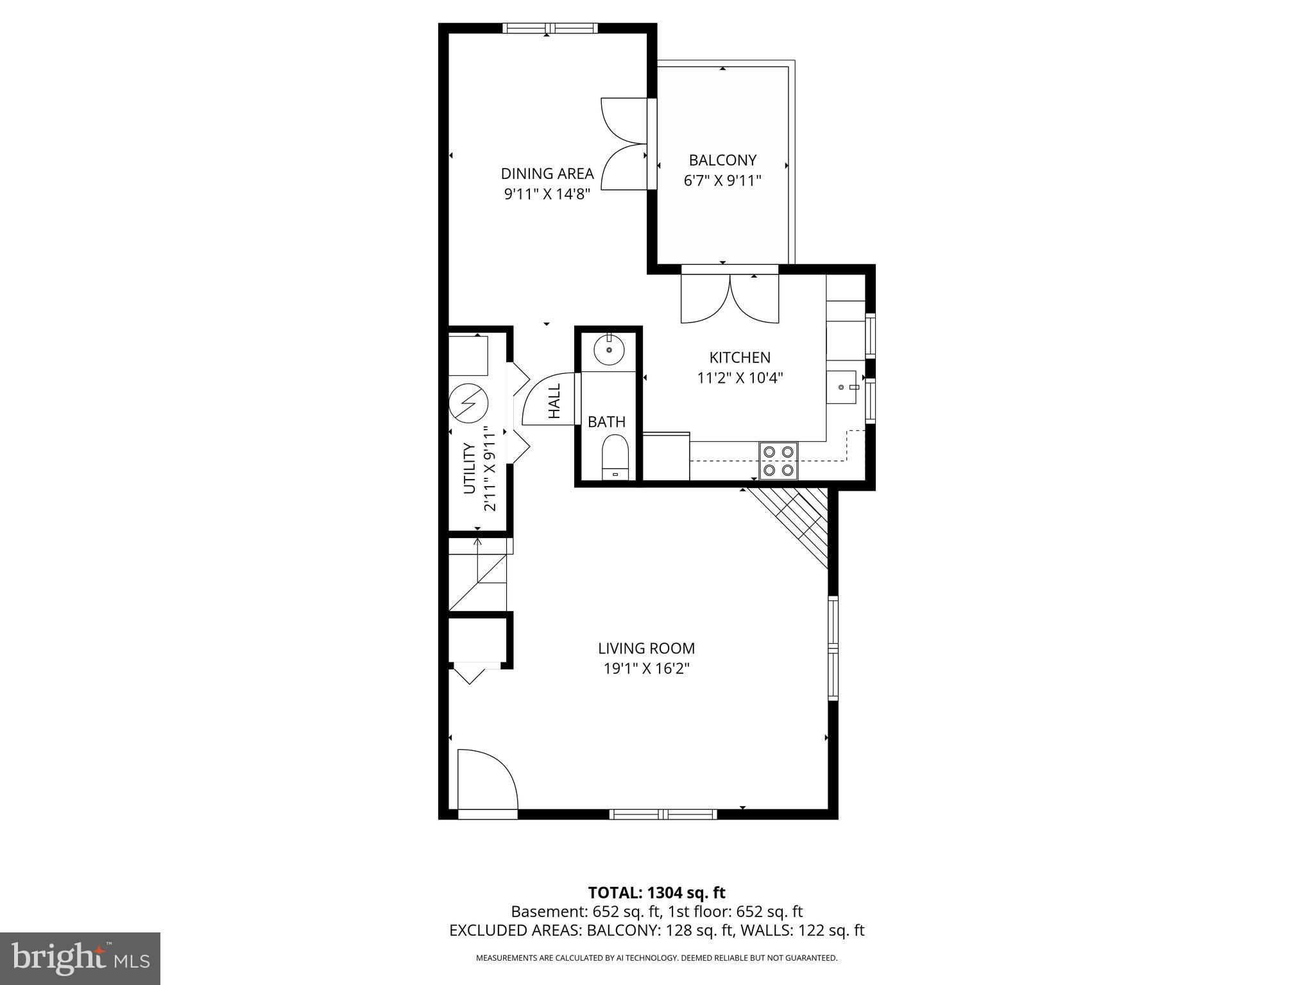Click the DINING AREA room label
click(547, 173)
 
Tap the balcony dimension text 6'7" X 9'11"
click(722, 181)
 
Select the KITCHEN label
click(740, 357)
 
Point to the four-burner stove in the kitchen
click(778, 460)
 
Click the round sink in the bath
click(608, 350)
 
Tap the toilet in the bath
click(615, 455)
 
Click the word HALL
click(554, 401)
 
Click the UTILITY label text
click(469, 469)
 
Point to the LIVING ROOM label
click(646, 648)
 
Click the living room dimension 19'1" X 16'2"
click(646, 669)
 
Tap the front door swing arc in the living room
click(488, 779)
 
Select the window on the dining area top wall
click(550, 28)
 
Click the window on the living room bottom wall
click(663, 814)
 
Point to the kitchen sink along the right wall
click(841, 387)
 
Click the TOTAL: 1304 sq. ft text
click(656, 893)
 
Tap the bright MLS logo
click(80, 958)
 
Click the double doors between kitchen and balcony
click(730, 298)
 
